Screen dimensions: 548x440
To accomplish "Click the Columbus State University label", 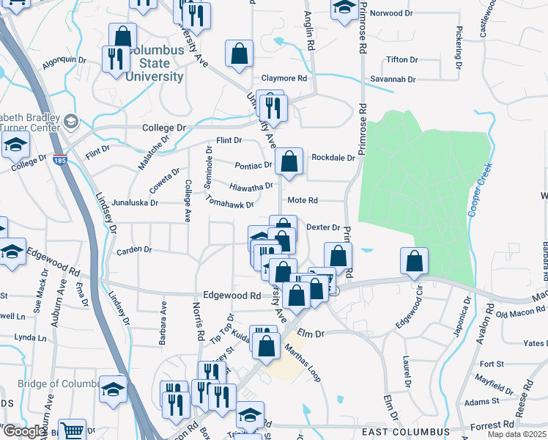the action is [x=155, y=64].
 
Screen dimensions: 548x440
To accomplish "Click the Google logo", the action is [x=24, y=431].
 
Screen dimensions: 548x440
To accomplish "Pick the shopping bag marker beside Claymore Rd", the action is [x=240, y=54].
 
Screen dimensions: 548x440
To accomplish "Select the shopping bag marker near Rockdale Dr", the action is [x=290, y=161].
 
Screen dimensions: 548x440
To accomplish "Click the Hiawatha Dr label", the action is [x=251, y=186].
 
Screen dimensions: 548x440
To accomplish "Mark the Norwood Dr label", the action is [x=397, y=13].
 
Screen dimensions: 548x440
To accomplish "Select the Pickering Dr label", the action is [x=459, y=44].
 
